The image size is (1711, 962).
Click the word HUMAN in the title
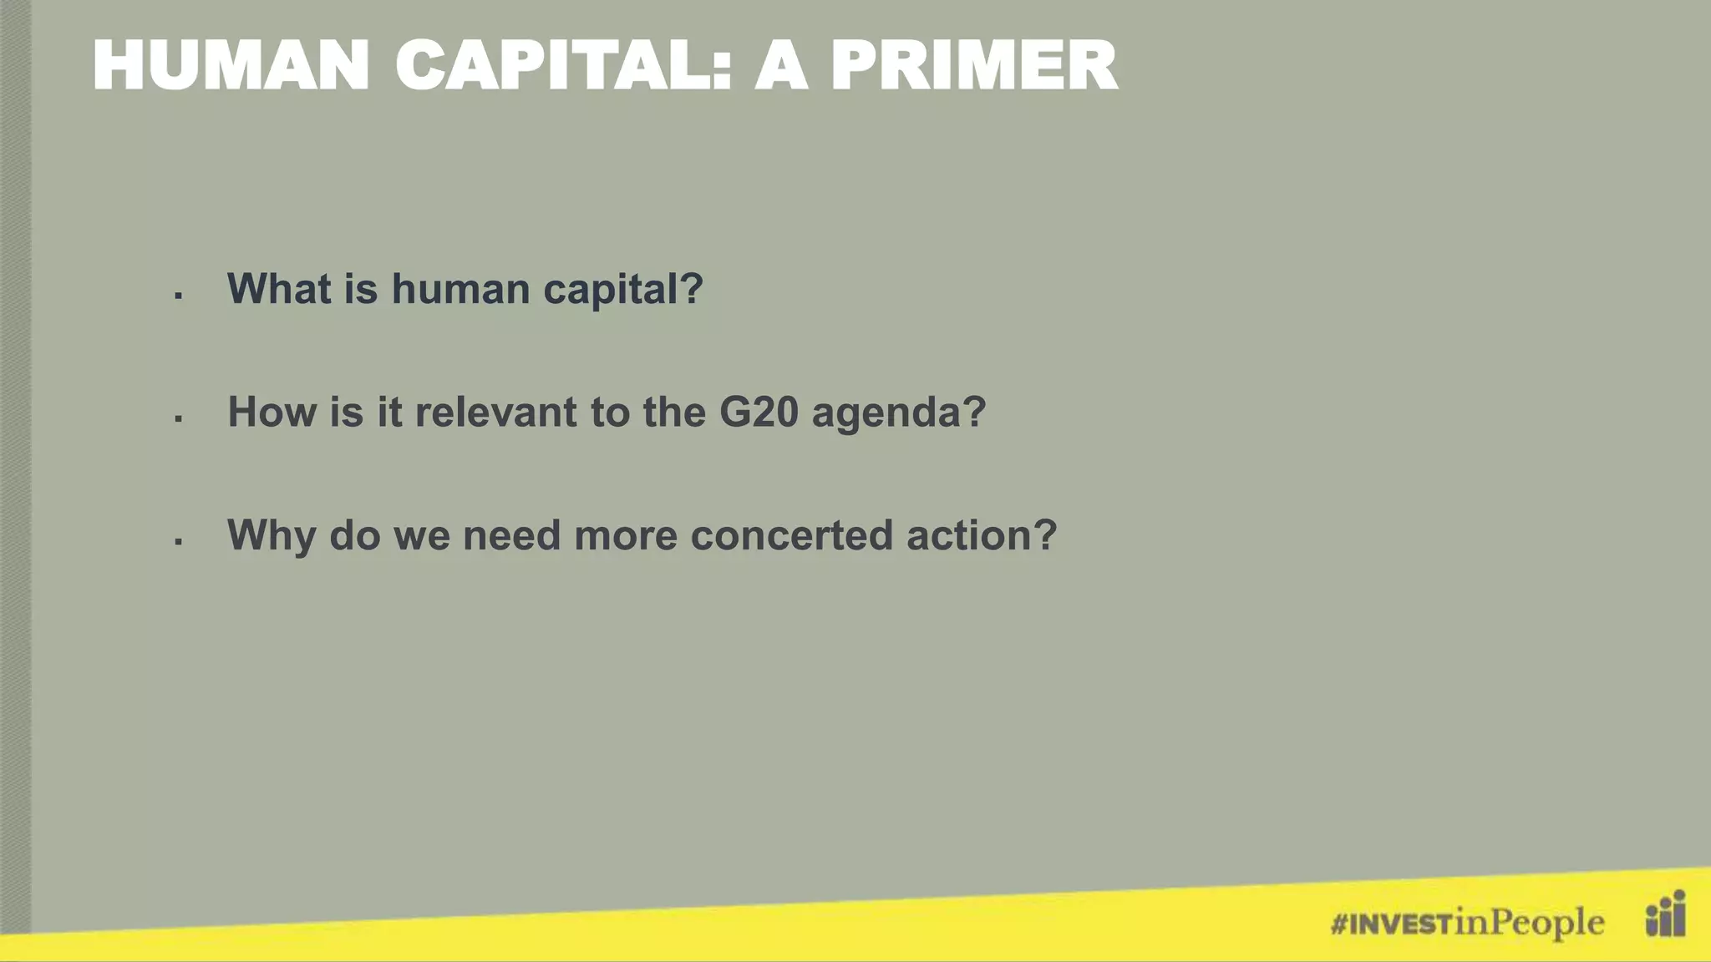tap(231, 66)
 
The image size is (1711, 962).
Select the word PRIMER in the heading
tap(973, 66)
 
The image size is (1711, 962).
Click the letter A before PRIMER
tap(781, 66)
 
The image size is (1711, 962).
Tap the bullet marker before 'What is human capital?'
tap(179, 295)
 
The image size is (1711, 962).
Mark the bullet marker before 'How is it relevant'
tap(179, 418)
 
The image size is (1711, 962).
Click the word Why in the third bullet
tap(272, 536)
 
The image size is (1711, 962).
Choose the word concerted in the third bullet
tap(791, 536)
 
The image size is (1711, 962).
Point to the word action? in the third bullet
tap(982, 536)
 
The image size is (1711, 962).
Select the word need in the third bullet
tap(511, 536)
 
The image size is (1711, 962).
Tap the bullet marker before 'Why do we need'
tap(179, 542)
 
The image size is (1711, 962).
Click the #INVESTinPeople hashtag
tap(1467, 923)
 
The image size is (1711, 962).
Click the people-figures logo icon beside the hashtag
tap(1665, 914)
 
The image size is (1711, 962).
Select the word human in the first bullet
tap(460, 289)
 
